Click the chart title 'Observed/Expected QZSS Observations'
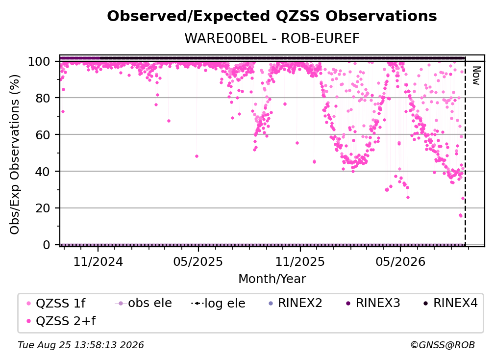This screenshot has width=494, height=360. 272,16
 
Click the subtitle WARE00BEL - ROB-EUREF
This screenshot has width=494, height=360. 272,38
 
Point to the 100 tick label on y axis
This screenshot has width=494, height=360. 39,61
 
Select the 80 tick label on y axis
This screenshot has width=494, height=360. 43,98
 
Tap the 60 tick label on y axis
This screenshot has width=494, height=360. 43,135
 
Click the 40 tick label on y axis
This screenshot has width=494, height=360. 43,172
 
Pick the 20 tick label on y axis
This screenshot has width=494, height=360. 43,208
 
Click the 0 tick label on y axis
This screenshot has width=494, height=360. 47,245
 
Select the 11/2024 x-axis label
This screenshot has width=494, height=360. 98,261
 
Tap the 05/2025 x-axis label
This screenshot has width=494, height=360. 198,261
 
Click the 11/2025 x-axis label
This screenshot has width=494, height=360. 300,261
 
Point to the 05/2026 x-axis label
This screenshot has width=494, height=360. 400,261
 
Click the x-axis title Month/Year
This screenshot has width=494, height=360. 272,279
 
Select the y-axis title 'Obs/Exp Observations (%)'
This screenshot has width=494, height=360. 15,154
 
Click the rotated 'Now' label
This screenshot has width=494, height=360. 476,76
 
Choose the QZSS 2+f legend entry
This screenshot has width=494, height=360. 61,321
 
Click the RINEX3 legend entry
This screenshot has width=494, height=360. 373,303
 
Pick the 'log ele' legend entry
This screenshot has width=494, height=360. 218,303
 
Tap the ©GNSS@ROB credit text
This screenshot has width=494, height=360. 443,345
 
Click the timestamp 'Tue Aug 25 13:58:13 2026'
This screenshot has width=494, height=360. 81,345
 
